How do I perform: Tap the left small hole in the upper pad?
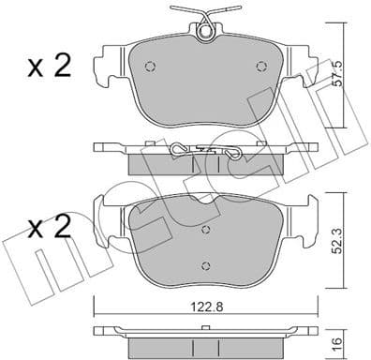click(x=155, y=67)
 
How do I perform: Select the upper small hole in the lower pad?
click(x=205, y=229)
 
